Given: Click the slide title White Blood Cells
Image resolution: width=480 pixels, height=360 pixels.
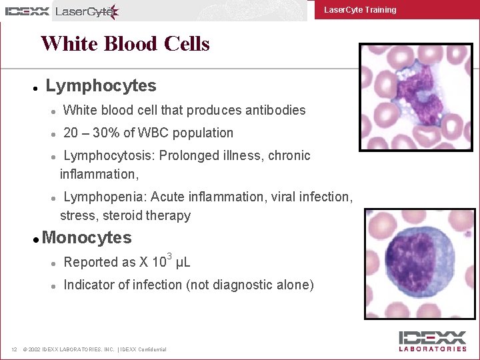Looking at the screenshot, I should pyautogui.click(x=125, y=44).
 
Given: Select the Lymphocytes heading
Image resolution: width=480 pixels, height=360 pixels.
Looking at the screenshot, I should pyautogui.click(x=101, y=86).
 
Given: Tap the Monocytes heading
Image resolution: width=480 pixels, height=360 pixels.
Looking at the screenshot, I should pyautogui.click(x=87, y=238).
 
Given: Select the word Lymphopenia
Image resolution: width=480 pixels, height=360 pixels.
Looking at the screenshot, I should pyautogui.click(x=105, y=197).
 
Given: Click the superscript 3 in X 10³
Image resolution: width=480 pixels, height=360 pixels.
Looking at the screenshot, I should pyautogui.click(x=169, y=257).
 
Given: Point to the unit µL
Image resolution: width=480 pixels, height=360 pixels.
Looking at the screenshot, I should pyautogui.click(x=183, y=263).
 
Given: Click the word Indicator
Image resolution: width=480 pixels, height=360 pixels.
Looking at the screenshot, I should pyautogui.click(x=89, y=285).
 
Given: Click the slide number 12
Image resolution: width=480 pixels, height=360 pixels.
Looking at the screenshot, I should pyautogui.click(x=14, y=349).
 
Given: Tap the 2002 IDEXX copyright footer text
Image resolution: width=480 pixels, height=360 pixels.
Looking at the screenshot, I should pyautogui.click(x=94, y=349).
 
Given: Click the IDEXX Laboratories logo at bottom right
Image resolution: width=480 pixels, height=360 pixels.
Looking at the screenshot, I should pyautogui.click(x=433, y=341).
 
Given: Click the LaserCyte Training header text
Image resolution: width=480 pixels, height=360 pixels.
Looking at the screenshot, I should pyautogui.click(x=360, y=10).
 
